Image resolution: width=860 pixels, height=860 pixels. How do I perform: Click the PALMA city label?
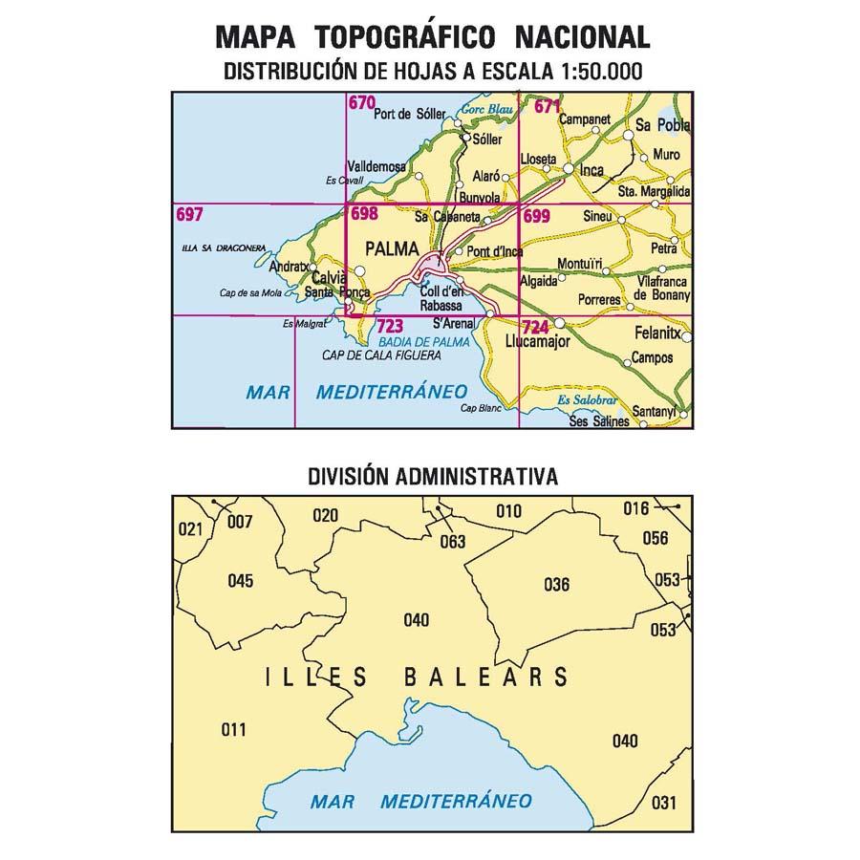[x=392, y=250]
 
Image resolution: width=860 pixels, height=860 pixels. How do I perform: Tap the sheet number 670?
[x=361, y=105]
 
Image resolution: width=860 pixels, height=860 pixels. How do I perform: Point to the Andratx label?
[x=290, y=267]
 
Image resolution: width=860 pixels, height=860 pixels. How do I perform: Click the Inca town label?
[x=594, y=173]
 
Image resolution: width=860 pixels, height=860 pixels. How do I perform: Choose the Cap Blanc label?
[x=481, y=408]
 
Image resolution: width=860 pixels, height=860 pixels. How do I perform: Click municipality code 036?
[x=556, y=585]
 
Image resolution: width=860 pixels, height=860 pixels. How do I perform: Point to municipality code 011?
[x=233, y=730]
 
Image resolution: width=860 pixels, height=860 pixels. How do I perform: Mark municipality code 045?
[x=241, y=581]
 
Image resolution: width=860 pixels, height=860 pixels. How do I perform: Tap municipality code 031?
[x=663, y=803]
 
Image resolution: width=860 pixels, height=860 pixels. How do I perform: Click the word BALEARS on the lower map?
[x=487, y=678]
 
